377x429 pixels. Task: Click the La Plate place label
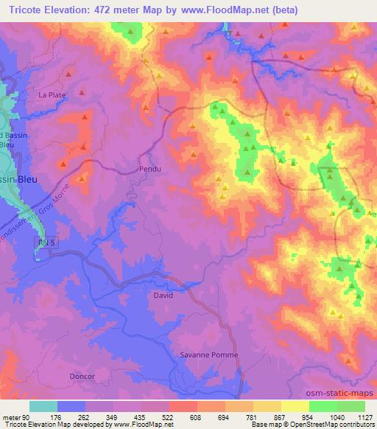click(x=52, y=94)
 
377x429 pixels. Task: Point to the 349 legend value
click(x=114, y=418)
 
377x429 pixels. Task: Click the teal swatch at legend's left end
click(x=43, y=406)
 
